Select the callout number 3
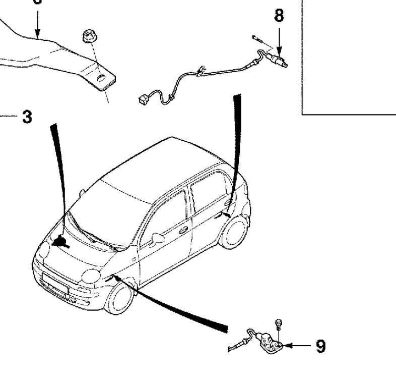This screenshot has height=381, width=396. tap(27, 118)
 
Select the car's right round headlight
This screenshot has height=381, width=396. tap(91, 275)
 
